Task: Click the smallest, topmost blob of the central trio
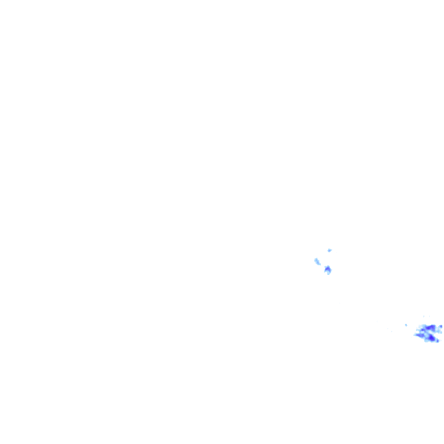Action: pyautogui.click(x=330, y=250)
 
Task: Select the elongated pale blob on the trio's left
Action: pyautogui.click(x=317, y=261)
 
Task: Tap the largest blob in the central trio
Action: pyautogui.click(x=327, y=269)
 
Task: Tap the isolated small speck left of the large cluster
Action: pyautogui.click(x=406, y=325)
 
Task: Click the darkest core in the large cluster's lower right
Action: pyautogui.click(x=431, y=338)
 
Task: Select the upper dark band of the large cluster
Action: pyautogui.click(x=430, y=328)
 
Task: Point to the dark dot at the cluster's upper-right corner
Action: pyautogui.click(x=441, y=327)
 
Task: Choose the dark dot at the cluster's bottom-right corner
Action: pyautogui.click(x=438, y=341)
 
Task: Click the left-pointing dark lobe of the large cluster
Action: pyautogui.click(x=419, y=335)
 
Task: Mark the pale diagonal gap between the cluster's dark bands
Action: pyautogui.click(x=428, y=332)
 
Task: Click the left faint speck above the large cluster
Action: pyautogui.click(x=424, y=316)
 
